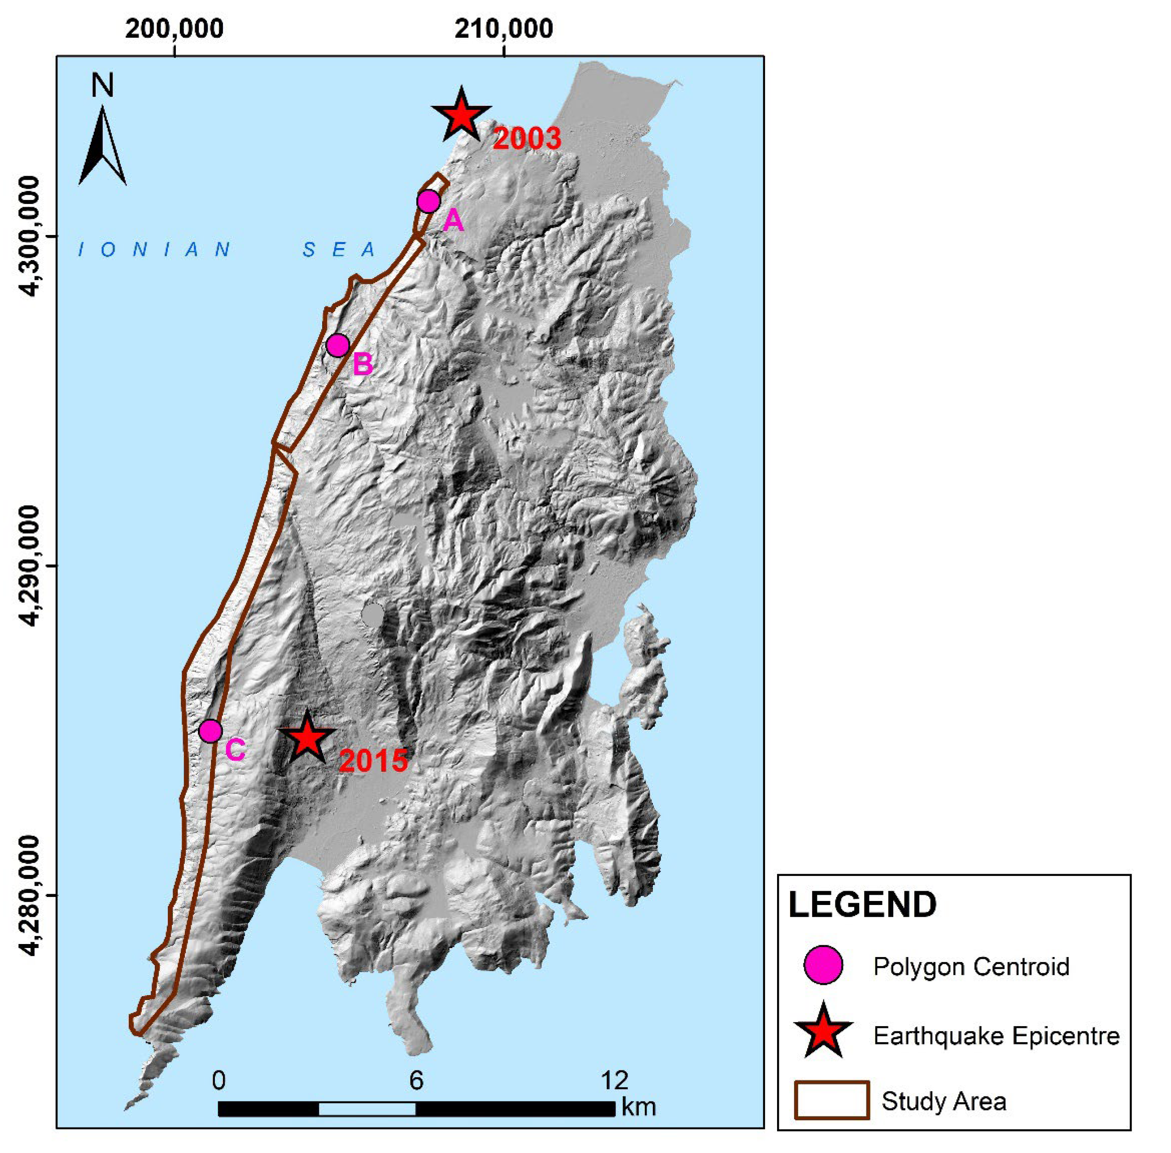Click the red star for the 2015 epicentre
tap(307, 738)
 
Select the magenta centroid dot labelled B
tap(337, 345)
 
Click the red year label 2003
tap(526, 139)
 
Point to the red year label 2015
tap(373, 761)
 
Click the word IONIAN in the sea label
tap(154, 249)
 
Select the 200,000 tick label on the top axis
tap(175, 28)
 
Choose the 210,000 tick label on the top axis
tap(503, 28)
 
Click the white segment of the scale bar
tap(367, 1108)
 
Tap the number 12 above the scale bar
tap(614, 1080)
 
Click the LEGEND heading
tap(862, 905)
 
